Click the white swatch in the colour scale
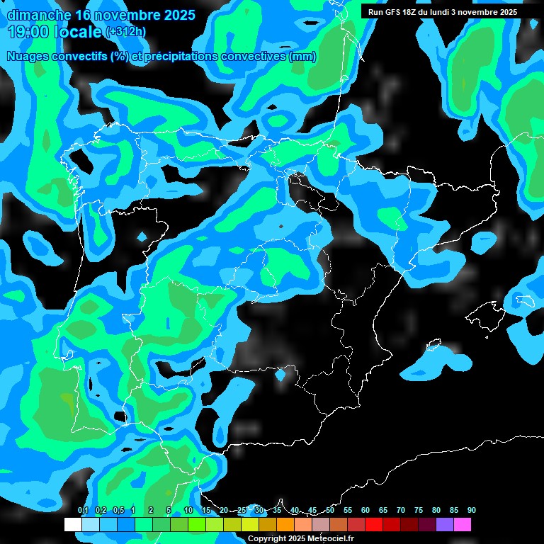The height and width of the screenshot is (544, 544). click(72, 524)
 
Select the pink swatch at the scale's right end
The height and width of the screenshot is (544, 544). click(463, 524)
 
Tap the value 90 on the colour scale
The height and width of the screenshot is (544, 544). click(471, 511)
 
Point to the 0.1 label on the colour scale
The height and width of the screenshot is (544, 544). click(83, 511)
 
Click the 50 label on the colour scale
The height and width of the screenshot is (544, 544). click(330, 511)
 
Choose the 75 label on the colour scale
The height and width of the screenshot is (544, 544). click(419, 511)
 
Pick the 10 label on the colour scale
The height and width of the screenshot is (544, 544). click(188, 511)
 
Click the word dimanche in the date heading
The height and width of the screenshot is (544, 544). click(38, 15)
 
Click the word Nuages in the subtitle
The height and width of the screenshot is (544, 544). click(28, 57)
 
